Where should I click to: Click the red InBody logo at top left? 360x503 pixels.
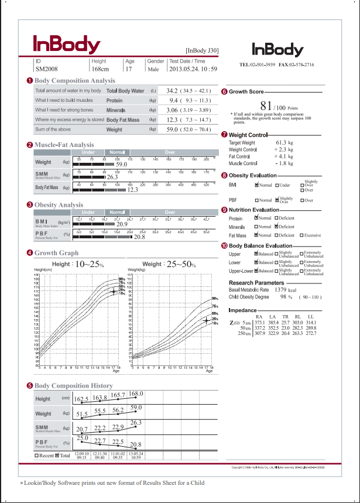click(x=66, y=45)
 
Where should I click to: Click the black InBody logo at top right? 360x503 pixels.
click(x=277, y=50)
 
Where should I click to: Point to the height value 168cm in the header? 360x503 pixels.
click(x=100, y=70)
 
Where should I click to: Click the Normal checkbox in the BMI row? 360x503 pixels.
click(x=257, y=185)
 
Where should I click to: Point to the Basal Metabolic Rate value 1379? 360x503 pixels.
click(x=280, y=290)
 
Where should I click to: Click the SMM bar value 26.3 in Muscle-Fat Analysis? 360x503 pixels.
click(x=112, y=176)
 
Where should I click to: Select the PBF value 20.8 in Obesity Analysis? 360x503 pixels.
click(x=139, y=237)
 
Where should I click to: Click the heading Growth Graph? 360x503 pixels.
click(x=56, y=254)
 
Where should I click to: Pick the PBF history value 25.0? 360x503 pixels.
click(x=81, y=438)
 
